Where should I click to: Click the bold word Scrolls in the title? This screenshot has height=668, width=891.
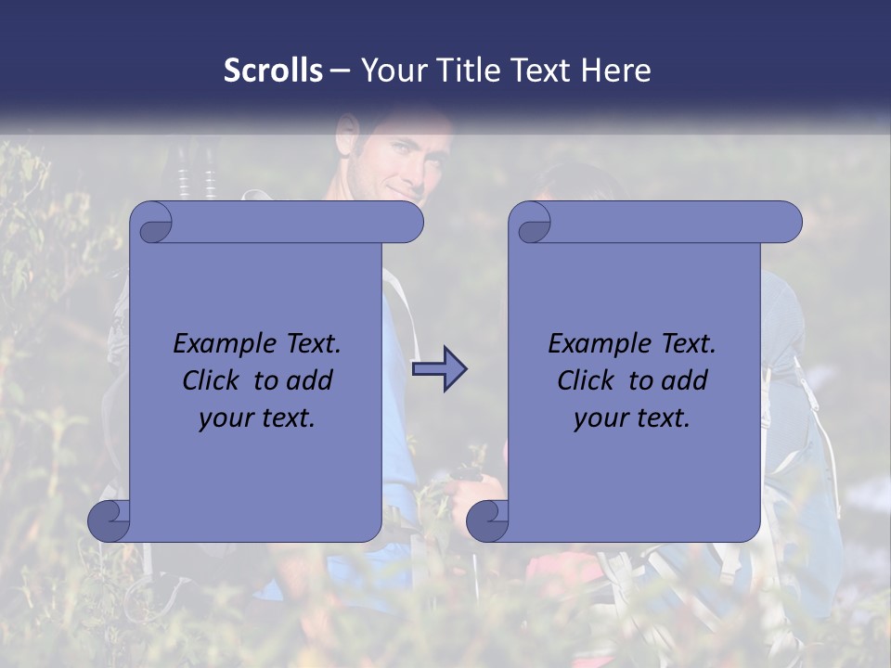pyautogui.click(x=273, y=71)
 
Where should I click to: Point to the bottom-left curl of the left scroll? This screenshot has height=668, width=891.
pyautogui.click(x=110, y=520)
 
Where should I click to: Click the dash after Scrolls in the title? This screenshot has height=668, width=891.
pyautogui.click(x=340, y=71)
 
